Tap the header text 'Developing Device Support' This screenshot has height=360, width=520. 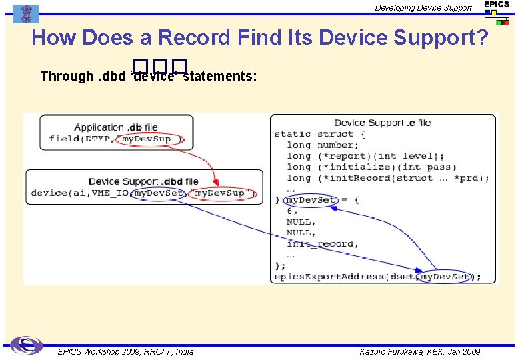[x=423, y=8]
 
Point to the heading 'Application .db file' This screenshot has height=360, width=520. [x=116, y=127]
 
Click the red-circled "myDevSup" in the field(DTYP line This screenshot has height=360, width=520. [x=150, y=139]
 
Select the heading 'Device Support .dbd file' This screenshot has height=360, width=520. [x=143, y=181]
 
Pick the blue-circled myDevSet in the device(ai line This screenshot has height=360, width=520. [x=158, y=193]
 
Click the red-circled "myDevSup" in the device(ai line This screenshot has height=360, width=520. [x=219, y=193]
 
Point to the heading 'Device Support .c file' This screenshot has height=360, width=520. [x=382, y=123]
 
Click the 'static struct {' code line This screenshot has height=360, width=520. [x=320, y=134]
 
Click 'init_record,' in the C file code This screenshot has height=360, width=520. [x=323, y=244]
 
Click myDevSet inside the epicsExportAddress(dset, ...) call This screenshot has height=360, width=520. [x=445, y=276]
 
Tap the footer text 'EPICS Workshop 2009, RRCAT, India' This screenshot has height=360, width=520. [x=125, y=351]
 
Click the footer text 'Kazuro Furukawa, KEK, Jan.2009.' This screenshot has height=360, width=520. [x=421, y=351]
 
